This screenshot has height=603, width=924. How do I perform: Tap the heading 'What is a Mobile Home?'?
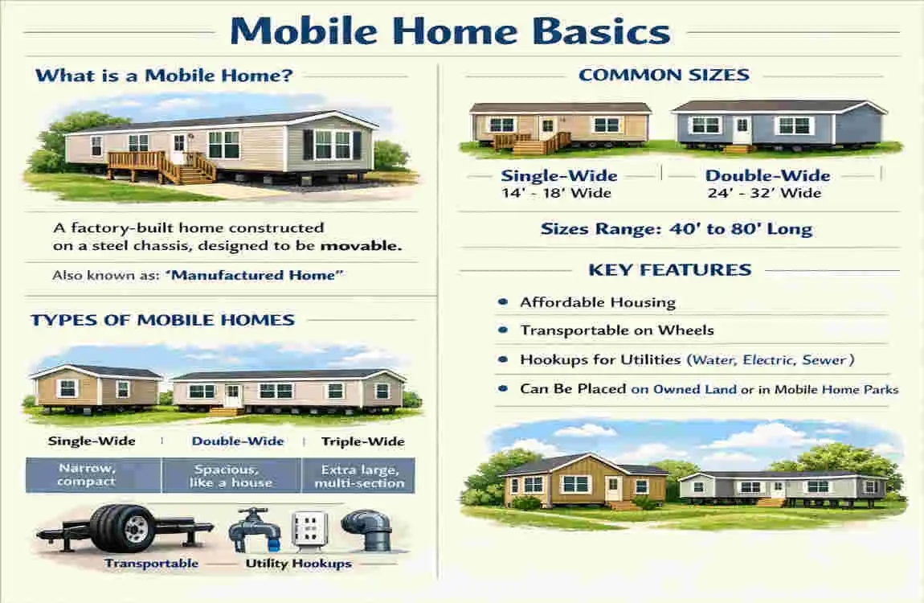click(x=164, y=77)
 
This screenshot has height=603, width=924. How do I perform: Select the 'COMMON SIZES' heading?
click(x=664, y=76)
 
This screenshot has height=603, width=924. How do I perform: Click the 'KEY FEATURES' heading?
click(x=669, y=270)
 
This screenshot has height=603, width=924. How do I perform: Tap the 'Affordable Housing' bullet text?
click(x=598, y=303)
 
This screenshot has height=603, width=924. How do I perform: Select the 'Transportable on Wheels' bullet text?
click(x=617, y=330)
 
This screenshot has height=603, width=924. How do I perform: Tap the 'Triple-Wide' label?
click(x=362, y=441)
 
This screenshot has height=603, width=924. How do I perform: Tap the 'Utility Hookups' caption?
click(x=298, y=564)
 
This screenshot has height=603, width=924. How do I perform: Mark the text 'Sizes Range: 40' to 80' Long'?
click(x=677, y=230)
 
